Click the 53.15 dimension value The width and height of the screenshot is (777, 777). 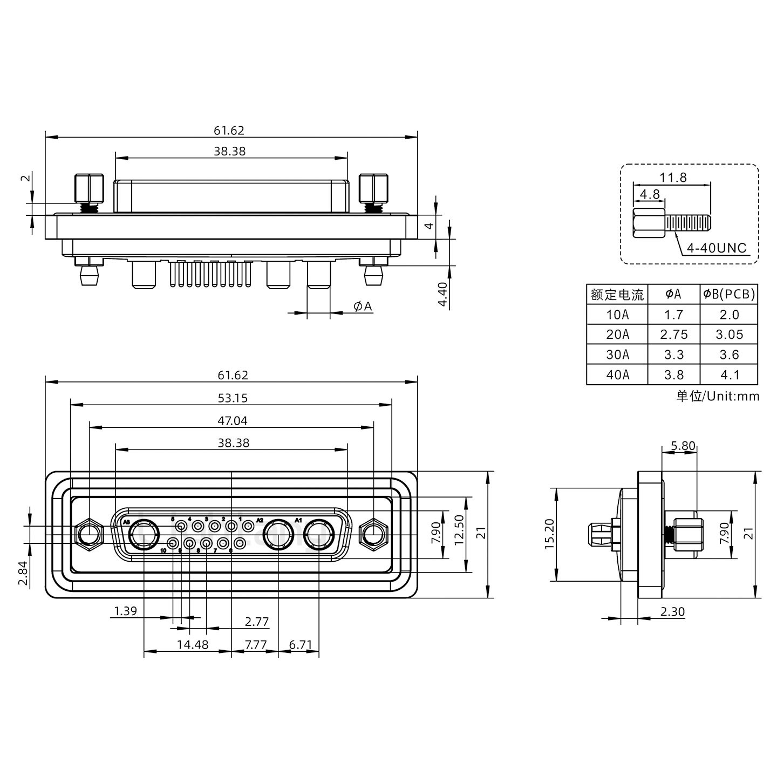[x=233, y=398]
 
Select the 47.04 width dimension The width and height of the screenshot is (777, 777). [x=233, y=420]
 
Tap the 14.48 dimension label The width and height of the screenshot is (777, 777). [x=193, y=644]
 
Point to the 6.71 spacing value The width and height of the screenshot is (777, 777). [x=301, y=644]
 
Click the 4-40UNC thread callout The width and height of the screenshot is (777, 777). [x=716, y=248]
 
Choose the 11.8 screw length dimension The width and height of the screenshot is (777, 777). [x=673, y=177]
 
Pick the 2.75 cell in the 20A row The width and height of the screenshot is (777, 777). [x=673, y=335]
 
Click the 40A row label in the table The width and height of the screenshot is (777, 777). [x=617, y=374]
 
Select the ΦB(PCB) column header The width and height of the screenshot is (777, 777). [x=729, y=294]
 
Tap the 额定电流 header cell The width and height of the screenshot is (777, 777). [x=617, y=295]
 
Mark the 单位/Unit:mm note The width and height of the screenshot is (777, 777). [x=717, y=396]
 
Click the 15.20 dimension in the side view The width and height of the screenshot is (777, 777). [x=549, y=535]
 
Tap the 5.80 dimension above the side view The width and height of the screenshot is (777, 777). [x=683, y=446]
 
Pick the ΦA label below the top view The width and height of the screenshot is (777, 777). [x=363, y=306]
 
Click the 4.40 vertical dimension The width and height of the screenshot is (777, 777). [x=442, y=295]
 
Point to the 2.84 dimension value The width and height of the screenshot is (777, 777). [x=22, y=572]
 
